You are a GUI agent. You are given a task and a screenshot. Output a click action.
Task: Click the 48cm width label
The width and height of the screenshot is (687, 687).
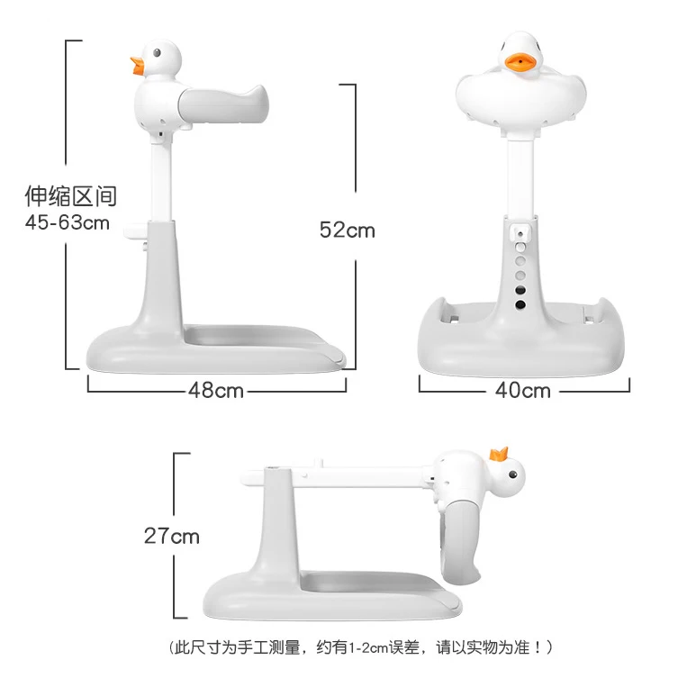(216, 391)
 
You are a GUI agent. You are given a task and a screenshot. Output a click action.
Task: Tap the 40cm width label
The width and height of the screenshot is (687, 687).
(523, 391)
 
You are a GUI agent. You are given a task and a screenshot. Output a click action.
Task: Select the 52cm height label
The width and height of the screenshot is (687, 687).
(347, 231)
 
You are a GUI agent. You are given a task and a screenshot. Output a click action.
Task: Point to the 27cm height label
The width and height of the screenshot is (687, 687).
(172, 537)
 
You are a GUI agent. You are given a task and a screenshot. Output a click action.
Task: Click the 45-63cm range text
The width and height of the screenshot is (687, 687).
(68, 222)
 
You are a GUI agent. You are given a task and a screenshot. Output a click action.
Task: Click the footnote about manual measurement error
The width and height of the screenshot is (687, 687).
(360, 646)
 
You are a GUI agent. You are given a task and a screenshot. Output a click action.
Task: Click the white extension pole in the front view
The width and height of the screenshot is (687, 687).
(519, 180)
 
